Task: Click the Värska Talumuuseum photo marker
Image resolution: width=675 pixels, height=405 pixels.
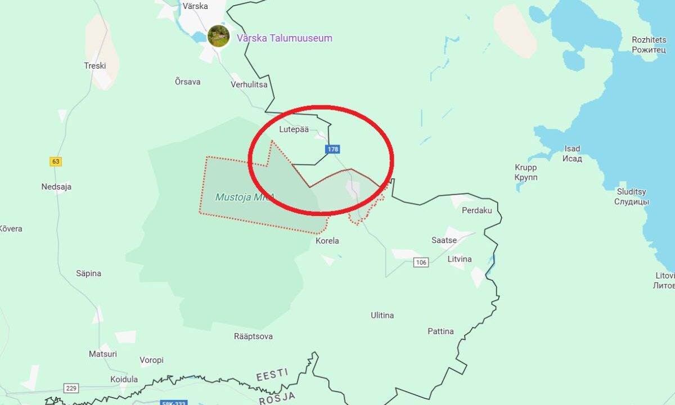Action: pos(218,36)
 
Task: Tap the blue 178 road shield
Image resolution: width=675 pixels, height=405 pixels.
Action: pos(332,149)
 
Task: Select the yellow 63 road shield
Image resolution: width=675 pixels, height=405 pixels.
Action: pos(55,161)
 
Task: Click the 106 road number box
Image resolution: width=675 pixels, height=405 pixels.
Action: pos(421,262)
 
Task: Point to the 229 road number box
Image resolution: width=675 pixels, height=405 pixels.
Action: pos(71,388)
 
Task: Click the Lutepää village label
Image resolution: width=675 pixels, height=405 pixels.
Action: pos(294,129)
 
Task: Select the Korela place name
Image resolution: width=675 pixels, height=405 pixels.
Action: pos(327,241)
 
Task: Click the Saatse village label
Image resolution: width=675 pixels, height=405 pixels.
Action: pos(444,240)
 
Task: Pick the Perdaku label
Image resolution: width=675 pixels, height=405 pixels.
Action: pos(476,210)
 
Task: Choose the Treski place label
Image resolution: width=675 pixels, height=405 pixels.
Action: pos(94,66)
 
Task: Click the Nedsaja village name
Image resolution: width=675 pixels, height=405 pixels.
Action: pos(56,187)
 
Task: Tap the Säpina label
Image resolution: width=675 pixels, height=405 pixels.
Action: pos(88,273)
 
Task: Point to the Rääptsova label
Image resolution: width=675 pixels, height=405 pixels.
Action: pos(253,336)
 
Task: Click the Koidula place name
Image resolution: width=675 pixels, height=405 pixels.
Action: pos(124,379)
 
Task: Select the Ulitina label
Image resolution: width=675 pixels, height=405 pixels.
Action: pos(382,315)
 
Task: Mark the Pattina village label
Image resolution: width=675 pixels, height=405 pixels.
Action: pos(440,331)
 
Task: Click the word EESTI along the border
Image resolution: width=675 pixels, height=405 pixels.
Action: pos(272,375)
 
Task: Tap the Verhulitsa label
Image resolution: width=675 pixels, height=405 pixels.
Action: pos(249,84)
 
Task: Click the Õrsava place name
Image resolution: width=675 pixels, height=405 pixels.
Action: pos(187,82)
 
